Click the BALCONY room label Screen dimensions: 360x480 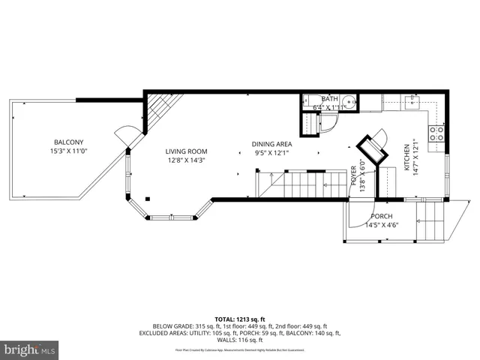[67, 142]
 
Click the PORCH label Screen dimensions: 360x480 [380, 216]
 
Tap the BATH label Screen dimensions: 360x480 [329, 99]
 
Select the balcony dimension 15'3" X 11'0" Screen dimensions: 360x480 [67, 151]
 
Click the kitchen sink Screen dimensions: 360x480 [412, 100]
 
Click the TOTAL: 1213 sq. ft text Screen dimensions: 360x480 [239, 319]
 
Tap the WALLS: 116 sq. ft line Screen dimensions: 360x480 [239, 340]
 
